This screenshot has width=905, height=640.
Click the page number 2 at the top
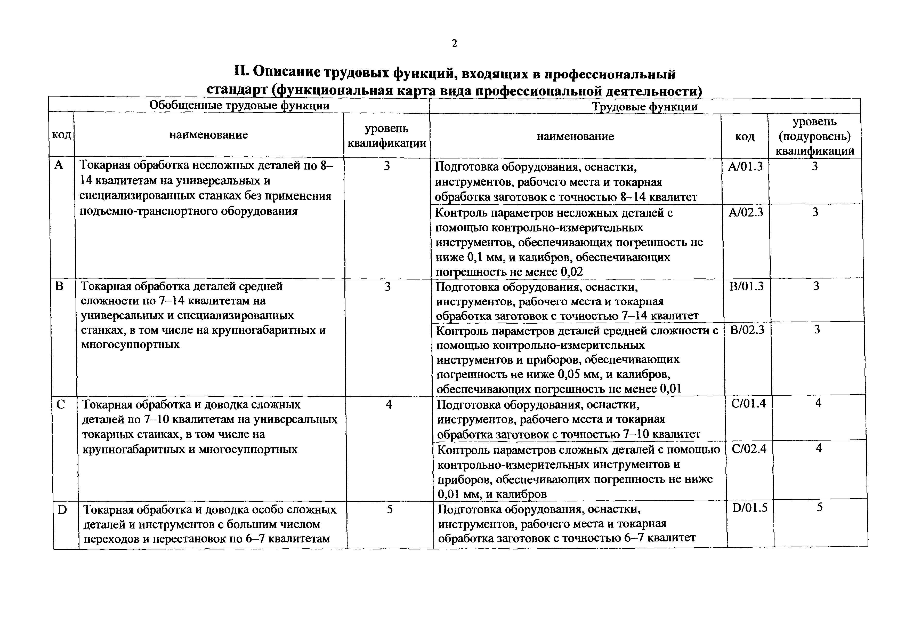455,43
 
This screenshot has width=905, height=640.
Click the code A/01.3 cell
745,166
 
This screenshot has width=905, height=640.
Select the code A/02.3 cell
746,213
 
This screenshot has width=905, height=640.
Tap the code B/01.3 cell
747,286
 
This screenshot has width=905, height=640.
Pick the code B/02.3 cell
747,329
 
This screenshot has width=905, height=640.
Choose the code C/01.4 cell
748,403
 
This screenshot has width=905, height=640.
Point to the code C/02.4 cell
749,449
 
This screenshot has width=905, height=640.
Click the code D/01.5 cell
750,508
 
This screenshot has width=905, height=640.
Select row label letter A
59,165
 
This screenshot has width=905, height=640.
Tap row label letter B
60,286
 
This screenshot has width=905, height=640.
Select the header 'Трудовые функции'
645,107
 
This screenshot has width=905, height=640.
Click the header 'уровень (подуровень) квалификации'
814,136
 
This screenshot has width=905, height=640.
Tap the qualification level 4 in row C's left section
389,404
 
